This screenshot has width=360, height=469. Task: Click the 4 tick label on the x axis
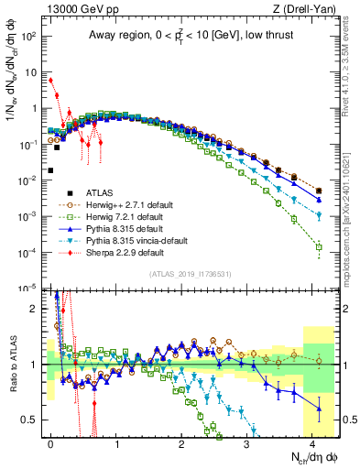pos(313,443)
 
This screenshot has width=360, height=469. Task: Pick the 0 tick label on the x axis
pos(51,443)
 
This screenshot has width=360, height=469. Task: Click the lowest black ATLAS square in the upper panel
pos(51,169)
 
